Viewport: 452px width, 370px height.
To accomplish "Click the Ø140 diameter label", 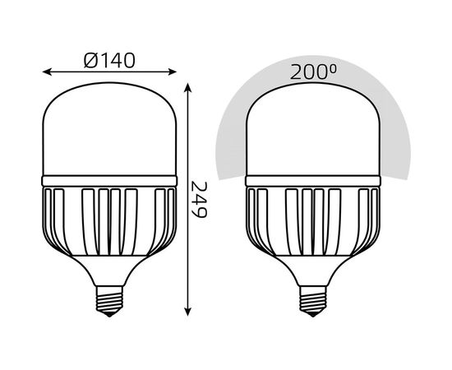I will tap(109, 60).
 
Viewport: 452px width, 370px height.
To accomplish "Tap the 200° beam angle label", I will tap(311, 72).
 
